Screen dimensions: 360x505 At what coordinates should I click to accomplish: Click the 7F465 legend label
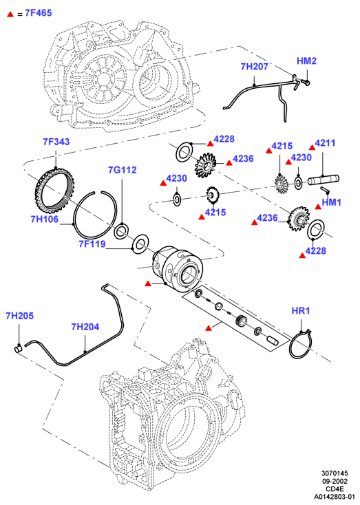tap(38, 13)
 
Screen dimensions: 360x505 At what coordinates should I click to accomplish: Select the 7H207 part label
tap(254, 67)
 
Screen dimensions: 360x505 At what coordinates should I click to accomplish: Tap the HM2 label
tap(306, 61)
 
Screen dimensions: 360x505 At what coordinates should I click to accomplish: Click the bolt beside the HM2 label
tap(304, 83)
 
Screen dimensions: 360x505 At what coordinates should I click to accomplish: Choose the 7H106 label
tap(45, 219)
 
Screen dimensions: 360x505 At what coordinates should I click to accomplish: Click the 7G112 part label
tap(122, 170)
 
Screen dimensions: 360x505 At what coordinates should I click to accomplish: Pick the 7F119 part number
tap(92, 244)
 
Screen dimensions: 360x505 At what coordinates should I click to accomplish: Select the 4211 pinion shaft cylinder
tap(323, 180)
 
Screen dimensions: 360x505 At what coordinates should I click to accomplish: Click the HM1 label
tap(331, 202)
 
